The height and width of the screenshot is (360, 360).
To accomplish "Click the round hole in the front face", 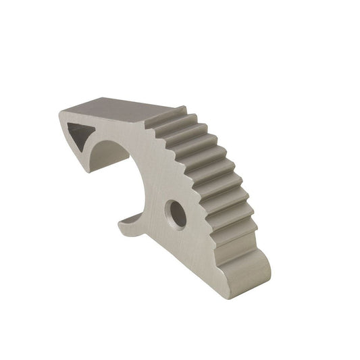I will (x=177, y=214).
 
